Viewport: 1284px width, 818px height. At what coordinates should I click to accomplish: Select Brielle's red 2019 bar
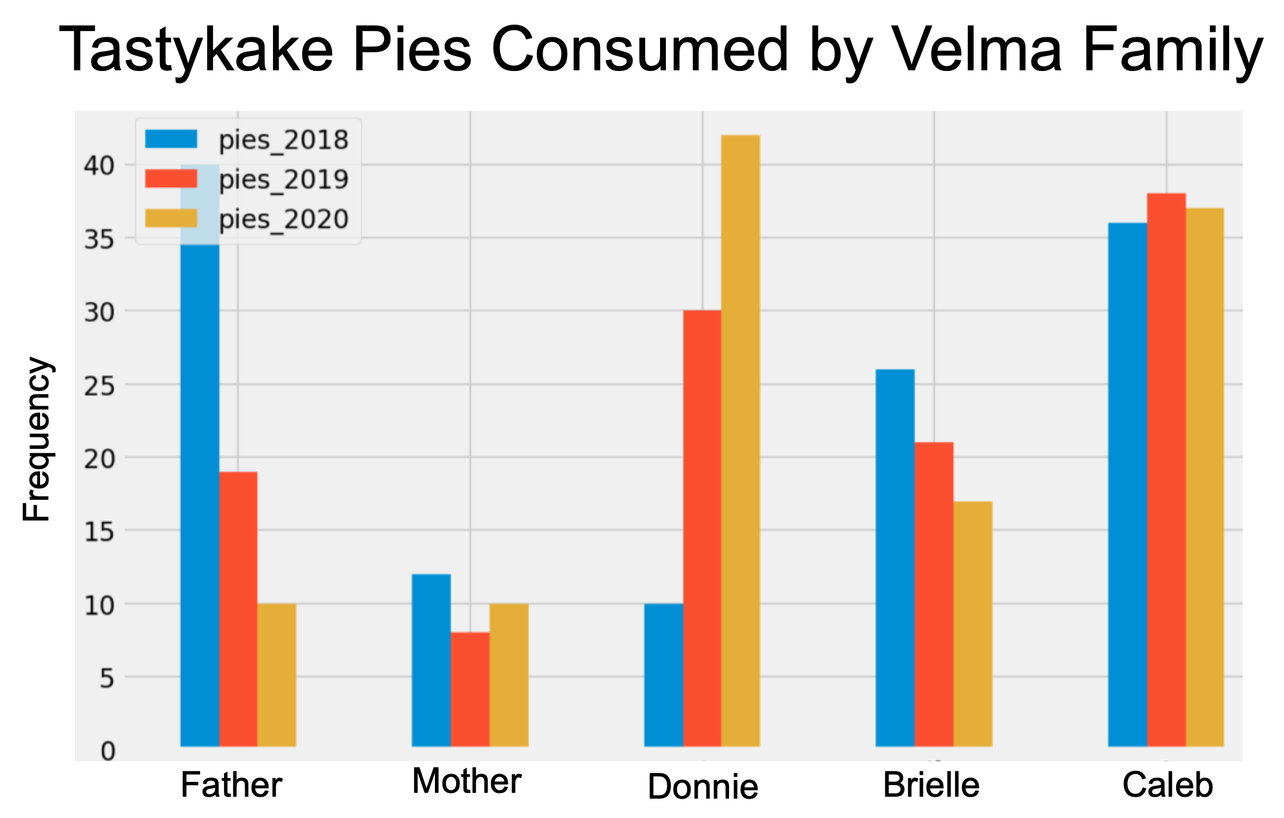pyautogui.click(x=934, y=594)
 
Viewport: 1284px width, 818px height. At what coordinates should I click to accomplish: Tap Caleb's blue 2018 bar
pyautogui.click(x=1127, y=484)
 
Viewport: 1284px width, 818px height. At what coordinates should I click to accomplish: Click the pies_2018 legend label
pyautogui.click(x=284, y=140)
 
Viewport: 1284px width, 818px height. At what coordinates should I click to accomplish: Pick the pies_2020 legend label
pyautogui.click(x=284, y=219)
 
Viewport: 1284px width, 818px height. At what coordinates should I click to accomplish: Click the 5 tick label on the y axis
pyautogui.click(x=108, y=678)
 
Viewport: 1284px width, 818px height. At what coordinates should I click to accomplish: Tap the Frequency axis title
pyautogui.click(x=36, y=439)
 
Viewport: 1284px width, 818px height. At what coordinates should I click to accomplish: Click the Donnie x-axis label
pyautogui.click(x=703, y=787)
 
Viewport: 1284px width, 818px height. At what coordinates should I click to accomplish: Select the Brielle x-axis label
pyautogui.click(x=931, y=785)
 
